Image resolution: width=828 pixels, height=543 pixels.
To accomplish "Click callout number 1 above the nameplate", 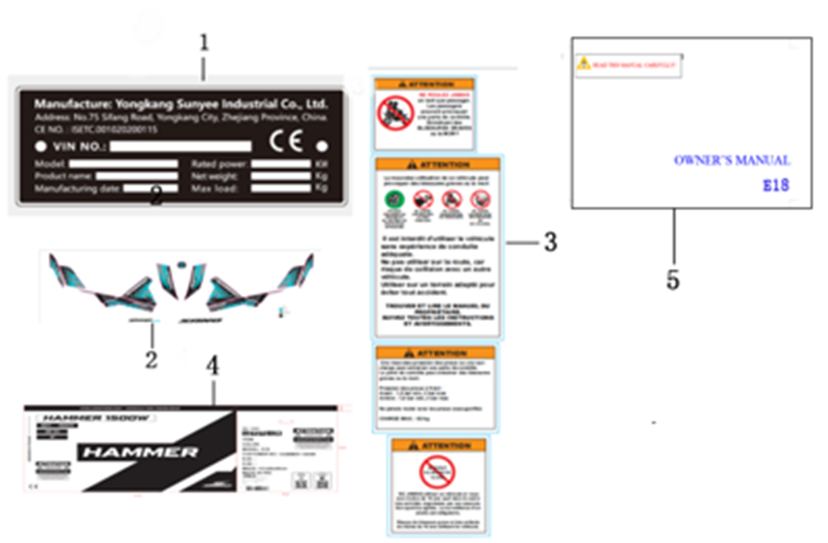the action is pyautogui.click(x=204, y=43).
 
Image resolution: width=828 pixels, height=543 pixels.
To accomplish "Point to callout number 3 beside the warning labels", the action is pyautogui.click(x=549, y=241).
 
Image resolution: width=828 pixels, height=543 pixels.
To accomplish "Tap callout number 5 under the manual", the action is pyautogui.click(x=673, y=280).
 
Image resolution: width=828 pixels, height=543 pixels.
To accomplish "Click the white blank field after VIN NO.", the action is pyautogui.click(x=181, y=146).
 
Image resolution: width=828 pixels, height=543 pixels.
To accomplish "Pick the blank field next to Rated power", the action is pyautogui.click(x=280, y=164).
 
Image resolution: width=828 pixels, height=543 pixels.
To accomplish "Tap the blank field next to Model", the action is pyautogui.click(x=123, y=164).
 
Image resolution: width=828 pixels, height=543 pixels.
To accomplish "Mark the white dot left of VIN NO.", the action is pyautogui.click(x=41, y=146).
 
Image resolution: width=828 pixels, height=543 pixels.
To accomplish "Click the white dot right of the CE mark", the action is pyautogui.click(x=321, y=146).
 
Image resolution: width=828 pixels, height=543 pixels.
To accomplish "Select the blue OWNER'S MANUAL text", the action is pyautogui.click(x=731, y=161).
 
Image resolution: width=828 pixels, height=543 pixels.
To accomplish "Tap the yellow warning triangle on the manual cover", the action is pyautogui.click(x=584, y=64).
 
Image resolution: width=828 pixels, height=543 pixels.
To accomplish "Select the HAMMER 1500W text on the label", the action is pyautogui.click(x=96, y=418).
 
